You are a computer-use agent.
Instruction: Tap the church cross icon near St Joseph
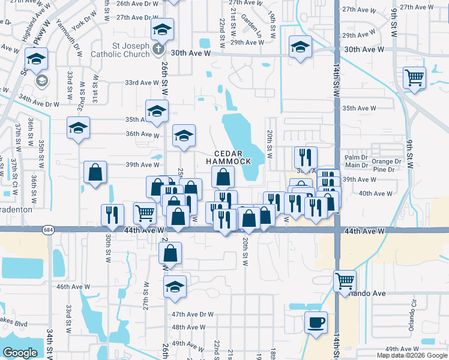click(158, 49)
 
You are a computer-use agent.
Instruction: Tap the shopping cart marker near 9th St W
click(414, 77)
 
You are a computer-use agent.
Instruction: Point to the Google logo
click(20, 353)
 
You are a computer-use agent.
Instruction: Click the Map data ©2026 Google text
click(411, 355)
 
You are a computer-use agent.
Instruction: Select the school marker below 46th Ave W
click(175, 287)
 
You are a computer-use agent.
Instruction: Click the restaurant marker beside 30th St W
click(113, 215)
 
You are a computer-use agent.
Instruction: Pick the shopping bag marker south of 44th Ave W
click(170, 254)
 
